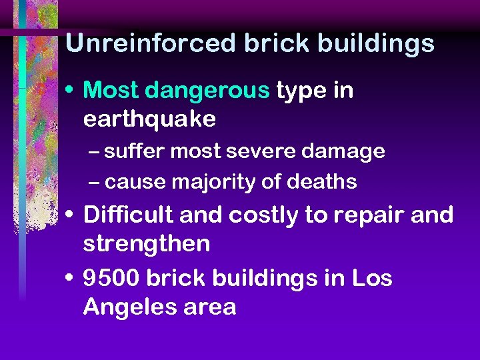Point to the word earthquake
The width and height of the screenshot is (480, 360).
[149, 119]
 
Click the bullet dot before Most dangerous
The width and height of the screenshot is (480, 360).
[71, 91]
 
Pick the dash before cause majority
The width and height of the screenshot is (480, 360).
[95, 181]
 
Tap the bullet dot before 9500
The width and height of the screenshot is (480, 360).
[71, 278]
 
